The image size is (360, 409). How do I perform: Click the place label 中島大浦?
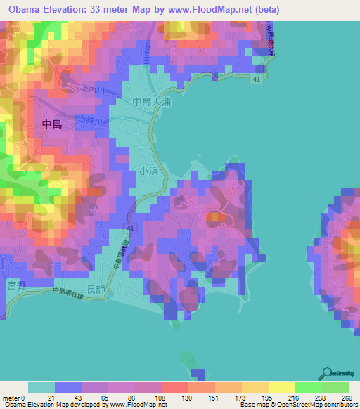click(152, 102)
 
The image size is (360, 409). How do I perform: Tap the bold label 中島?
click(53, 124)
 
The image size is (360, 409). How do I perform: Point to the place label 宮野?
click(15, 285)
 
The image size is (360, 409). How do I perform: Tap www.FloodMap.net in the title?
click(221, 9)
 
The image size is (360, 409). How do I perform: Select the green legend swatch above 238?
click(309, 387)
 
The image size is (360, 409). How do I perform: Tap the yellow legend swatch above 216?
click(282, 387)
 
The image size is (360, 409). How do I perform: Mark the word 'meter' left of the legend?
click(13, 398)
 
